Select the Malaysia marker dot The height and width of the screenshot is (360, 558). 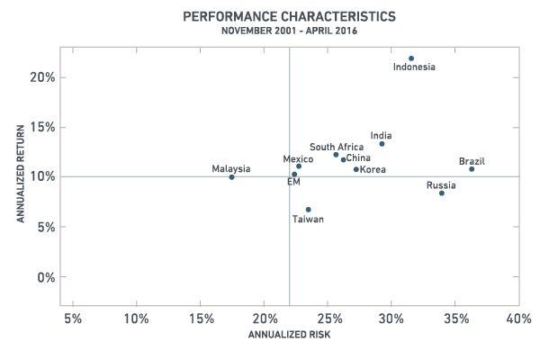click(231, 177)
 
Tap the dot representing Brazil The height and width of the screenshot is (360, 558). click(472, 169)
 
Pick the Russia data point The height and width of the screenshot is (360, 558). click(442, 193)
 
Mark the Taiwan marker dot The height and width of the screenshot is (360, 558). click(308, 210)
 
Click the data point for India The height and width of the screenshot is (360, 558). click(382, 144)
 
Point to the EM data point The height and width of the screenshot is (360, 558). click(293, 175)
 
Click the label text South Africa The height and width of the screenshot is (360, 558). click(337, 147)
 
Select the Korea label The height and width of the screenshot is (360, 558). click(373, 169)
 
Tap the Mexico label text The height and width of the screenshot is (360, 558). click(298, 159)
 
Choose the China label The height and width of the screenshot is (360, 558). click(358, 159)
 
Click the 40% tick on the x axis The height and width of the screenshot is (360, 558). click(519, 319)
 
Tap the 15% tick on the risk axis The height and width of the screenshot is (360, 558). click(200, 319)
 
